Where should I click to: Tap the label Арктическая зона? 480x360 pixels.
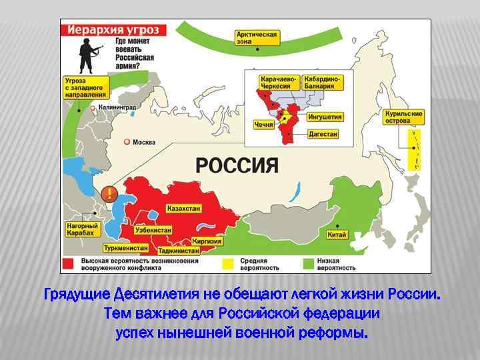(x=257, y=38)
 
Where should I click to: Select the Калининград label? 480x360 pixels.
(x=117, y=107)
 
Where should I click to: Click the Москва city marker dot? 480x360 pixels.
(x=127, y=142)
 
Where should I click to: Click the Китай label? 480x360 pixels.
(x=337, y=235)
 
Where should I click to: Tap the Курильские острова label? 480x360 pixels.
(x=404, y=117)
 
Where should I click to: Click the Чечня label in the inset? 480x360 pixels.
(x=263, y=125)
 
